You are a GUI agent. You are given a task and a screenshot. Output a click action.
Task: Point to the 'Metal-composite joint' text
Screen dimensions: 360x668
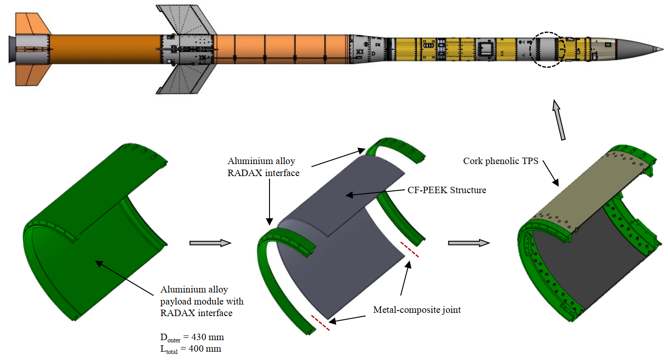417,310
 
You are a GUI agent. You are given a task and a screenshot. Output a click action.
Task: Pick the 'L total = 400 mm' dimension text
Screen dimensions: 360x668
191,347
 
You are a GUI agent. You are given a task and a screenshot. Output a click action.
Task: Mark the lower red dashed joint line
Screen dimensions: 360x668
321,323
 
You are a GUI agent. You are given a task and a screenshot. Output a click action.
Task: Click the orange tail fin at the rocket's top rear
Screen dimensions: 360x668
31,23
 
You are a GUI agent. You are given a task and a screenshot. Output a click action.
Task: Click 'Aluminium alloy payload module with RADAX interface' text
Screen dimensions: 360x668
202,301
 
